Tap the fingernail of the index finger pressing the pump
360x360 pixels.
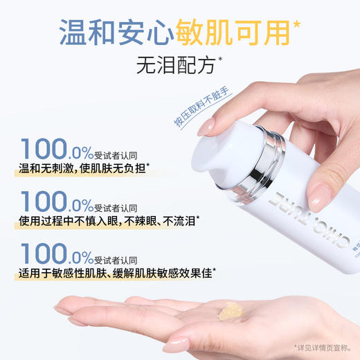click(208, 125)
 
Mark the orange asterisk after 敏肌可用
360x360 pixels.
click(298, 25)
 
